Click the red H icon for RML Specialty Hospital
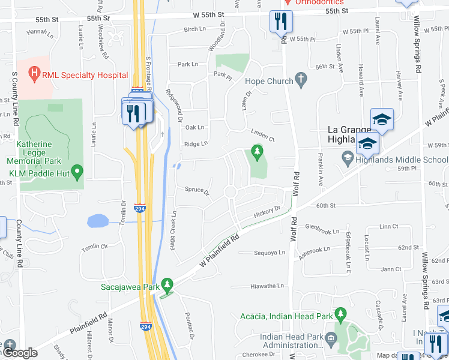tap(34, 75)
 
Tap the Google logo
tap(19, 353)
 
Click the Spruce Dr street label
tap(197, 193)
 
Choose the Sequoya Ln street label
tap(269, 253)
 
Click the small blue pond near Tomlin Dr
tap(97, 221)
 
